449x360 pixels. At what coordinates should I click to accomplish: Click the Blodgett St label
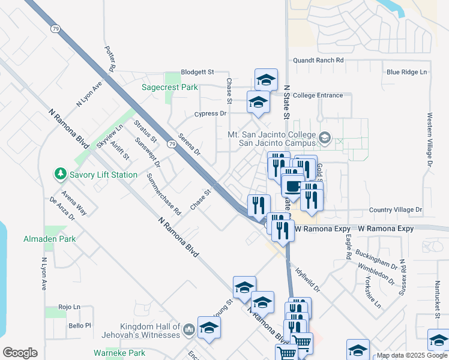tap(193, 72)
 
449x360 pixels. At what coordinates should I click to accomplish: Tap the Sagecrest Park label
tap(169, 87)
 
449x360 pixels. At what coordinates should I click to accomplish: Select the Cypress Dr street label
tap(210, 113)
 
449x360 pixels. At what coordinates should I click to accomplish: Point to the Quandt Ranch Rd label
tap(318, 61)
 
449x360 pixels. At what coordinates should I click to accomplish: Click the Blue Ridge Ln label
tap(406, 72)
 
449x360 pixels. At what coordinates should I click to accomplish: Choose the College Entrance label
tap(318, 95)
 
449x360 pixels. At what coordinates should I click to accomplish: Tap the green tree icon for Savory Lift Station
tap(60, 175)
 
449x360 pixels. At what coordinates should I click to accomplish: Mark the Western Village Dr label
tap(430, 139)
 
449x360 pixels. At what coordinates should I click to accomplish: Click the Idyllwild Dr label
tap(308, 280)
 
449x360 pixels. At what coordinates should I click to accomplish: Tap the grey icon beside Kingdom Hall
tap(189, 328)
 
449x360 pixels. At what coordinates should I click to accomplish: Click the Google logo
tap(20, 353)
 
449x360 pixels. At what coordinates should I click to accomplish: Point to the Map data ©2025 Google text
tap(411, 355)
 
